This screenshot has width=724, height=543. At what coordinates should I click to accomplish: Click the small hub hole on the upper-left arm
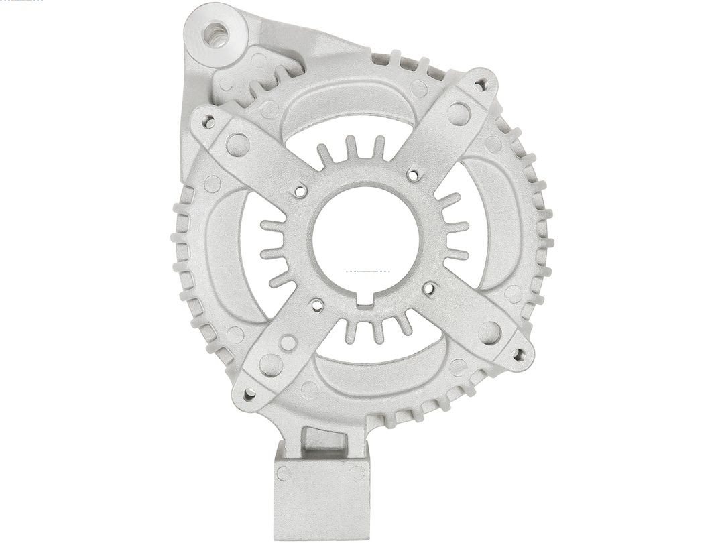pyautogui.click(x=300, y=191)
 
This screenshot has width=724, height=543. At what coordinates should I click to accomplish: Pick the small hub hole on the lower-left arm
pyautogui.click(x=318, y=306)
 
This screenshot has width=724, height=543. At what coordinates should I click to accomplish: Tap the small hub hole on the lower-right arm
pyautogui.click(x=429, y=290)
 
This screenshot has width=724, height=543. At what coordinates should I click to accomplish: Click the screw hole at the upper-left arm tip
pyautogui.click(x=209, y=123)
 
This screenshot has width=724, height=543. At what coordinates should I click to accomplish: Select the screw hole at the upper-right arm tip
pyautogui.click(x=480, y=84)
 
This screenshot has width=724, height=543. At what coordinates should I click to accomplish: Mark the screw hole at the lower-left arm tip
pyautogui.click(x=249, y=395)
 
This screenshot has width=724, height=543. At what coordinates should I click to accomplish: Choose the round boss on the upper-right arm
pyautogui.click(x=459, y=113)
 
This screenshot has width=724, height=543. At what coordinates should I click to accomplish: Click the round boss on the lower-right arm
pyautogui.click(x=490, y=333)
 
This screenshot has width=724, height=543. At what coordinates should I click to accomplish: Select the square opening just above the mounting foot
pyautogui.click(x=324, y=441)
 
